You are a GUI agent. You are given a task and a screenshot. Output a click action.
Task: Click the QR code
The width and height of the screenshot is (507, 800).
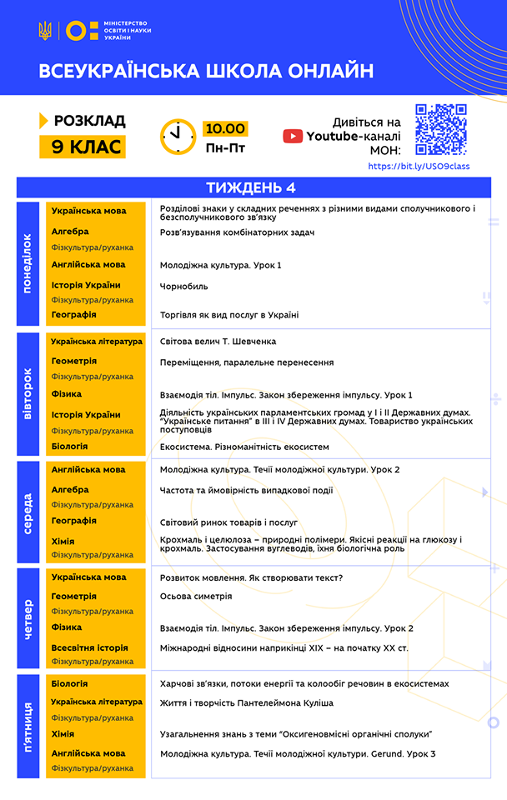pyautogui.click(x=440, y=129)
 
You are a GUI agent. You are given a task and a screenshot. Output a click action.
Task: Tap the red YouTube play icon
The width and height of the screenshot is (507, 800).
pyautogui.click(x=293, y=137)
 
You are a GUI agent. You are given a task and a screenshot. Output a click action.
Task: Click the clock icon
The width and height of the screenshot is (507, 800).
pyautogui.click(x=178, y=136)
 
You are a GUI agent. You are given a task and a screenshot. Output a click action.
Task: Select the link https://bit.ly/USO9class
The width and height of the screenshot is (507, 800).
pyautogui.click(x=419, y=167)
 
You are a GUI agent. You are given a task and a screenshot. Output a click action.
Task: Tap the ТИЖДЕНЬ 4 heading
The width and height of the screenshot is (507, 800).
pyautogui.click(x=250, y=187)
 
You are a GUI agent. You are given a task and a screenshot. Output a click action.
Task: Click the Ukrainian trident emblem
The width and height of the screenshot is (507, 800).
pyautogui.click(x=45, y=32)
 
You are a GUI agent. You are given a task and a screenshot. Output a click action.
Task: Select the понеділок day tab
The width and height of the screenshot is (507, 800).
pyautogui.click(x=28, y=263)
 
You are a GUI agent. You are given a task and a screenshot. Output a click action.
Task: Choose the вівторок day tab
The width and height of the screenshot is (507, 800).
pyautogui.click(x=28, y=392)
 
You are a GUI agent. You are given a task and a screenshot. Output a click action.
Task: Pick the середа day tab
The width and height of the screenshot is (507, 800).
pyautogui.click(x=28, y=512)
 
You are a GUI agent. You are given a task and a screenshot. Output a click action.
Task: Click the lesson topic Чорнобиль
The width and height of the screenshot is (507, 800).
pyautogui.click(x=184, y=286)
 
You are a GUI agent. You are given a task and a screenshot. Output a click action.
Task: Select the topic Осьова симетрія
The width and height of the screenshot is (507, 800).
pyautogui.click(x=196, y=597)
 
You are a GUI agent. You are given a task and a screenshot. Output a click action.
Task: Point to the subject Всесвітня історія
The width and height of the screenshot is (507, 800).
pyautogui.click(x=89, y=647)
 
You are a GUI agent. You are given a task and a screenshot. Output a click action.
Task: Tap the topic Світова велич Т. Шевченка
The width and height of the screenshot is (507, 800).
pyautogui.click(x=218, y=342)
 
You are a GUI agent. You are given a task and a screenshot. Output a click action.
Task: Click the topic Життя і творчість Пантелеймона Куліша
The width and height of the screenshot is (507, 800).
pyautogui.click(x=246, y=703)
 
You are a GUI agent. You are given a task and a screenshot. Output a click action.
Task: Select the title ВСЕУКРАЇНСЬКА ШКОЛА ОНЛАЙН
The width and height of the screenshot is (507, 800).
pyautogui.click(x=206, y=72)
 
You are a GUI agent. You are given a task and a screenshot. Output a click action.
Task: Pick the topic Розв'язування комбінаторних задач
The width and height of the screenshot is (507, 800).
pyautogui.click(x=237, y=232)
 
